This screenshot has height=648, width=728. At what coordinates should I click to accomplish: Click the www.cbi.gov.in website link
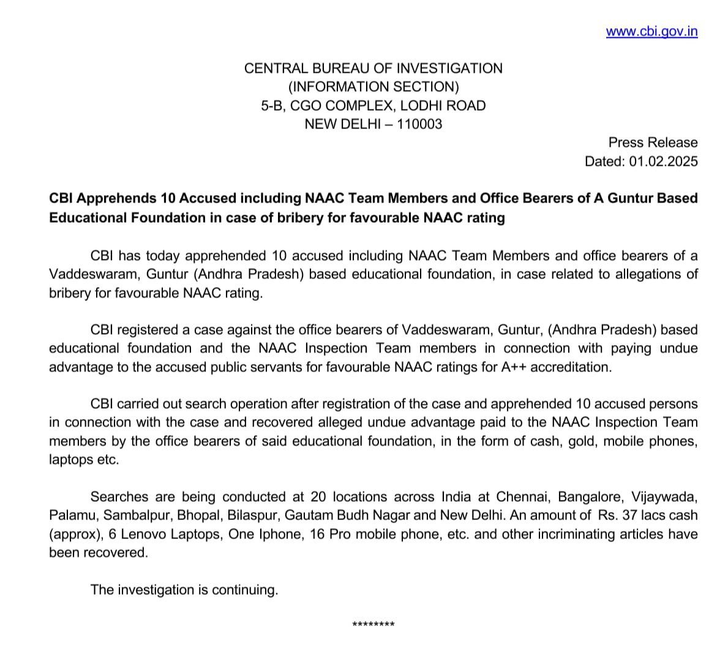[x=651, y=32]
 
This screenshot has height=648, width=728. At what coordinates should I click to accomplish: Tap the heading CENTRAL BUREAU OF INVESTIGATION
[x=373, y=69]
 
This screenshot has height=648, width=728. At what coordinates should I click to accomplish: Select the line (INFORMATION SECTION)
[x=373, y=87]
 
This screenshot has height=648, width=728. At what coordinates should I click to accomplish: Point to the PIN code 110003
[x=419, y=124]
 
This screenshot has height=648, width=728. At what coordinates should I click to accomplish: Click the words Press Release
[x=653, y=143]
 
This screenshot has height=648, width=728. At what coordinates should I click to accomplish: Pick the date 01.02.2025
[x=662, y=162]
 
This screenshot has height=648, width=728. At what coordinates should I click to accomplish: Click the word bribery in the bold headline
[x=320, y=218]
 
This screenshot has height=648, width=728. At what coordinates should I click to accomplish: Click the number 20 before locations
[x=318, y=497]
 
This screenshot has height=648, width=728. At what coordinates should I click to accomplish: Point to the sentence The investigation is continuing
[x=184, y=590]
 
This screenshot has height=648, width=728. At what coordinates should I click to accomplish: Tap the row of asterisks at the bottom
[x=373, y=625]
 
